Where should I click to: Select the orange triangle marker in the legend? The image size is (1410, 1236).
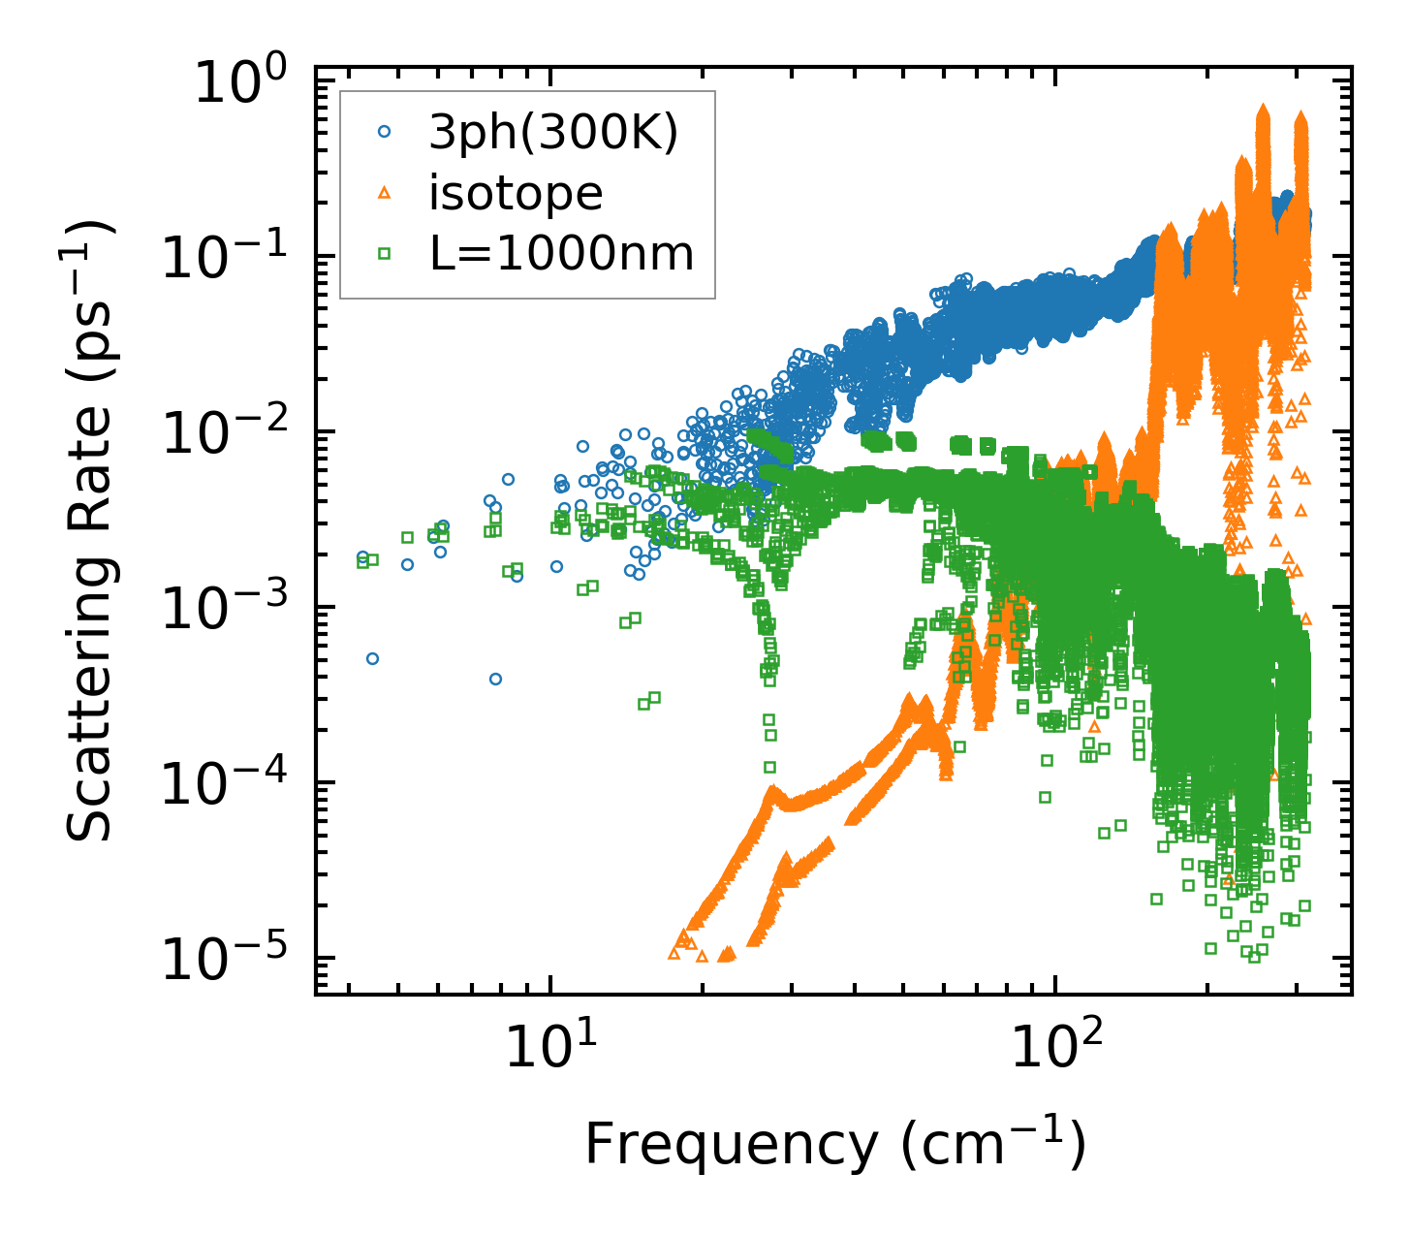tap(385, 194)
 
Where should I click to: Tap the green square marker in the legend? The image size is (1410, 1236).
tap(385, 253)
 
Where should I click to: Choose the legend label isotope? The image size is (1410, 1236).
tap(516, 194)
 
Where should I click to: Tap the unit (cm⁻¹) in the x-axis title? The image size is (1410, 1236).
tap(993, 1144)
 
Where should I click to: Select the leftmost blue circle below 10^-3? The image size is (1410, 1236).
tap(372, 658)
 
